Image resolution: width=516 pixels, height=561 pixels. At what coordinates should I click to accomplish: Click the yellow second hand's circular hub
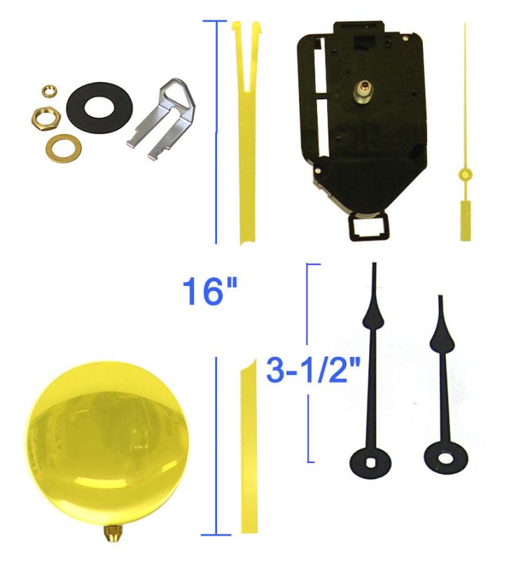pyautogui.click(x=464, y=174)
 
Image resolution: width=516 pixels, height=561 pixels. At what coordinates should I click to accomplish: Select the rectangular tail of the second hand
pyautogui.click(x=464, y=219)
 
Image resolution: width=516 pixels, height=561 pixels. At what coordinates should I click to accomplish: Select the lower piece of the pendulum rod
pyautogui.click(x=248, y=449)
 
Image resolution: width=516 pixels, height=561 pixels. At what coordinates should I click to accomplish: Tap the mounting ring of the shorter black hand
pyautogui.click(x=444, y=458)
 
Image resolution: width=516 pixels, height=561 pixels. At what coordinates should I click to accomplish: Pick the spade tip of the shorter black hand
pyautogui.click(x=442, y=334)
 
